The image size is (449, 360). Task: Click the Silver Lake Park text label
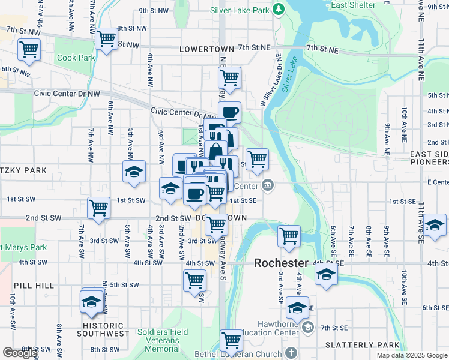coord(240,10)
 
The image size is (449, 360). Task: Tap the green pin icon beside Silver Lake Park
coord(278,9)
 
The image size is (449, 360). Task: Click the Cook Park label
coord(76,58)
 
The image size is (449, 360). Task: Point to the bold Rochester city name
coord(280,263)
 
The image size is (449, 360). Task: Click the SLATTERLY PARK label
coord(362,345)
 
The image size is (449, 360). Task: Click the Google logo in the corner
coord(20,352)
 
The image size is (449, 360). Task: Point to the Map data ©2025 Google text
coord(412,355)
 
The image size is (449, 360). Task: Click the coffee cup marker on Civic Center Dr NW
coord(229,112)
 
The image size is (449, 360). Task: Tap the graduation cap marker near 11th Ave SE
coord(435,225)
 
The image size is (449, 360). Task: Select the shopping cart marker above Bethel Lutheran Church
coord(231,340)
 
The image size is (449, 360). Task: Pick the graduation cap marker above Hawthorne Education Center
coord(297,307)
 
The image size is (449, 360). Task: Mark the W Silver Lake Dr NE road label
coord(271,81)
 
